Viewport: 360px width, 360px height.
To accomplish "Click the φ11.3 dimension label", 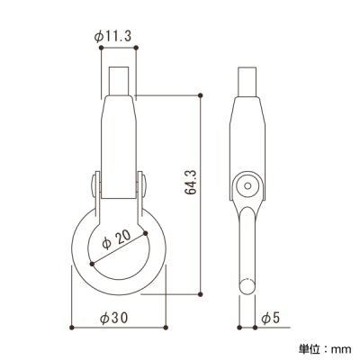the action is click(x=112, y=37).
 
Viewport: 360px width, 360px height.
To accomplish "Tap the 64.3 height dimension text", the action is click(x=191, y=182).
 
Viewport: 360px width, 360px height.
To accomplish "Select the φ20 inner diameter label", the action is click(x=116, y=239).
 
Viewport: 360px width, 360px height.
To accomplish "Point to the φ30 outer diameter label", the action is click(x=114, y=318).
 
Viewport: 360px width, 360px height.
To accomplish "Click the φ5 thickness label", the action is click(x=270, y=318).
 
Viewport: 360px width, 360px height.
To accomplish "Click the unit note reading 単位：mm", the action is click(x=325, y=349).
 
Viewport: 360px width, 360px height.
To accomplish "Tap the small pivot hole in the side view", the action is click(x=247, y=186).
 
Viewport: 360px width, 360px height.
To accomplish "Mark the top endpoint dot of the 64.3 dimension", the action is click(x=201, y=95).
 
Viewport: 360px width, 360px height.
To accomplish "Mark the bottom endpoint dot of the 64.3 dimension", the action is click(x=201, y=294).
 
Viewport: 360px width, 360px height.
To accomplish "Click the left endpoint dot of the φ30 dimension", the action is click(x=71, y=328).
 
